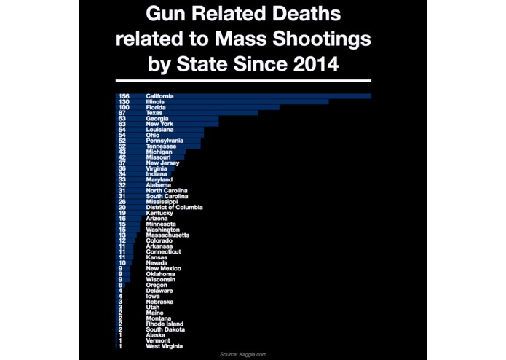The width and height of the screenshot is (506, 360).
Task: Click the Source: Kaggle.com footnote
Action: pos(244,354)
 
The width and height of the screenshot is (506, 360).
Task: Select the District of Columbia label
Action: pos(174,208)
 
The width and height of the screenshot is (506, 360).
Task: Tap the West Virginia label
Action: pos(163,346)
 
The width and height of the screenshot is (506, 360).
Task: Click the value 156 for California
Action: pos(123,96)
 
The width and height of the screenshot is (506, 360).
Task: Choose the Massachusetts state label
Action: pos(167,235)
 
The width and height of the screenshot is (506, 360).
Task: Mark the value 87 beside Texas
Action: pos(122,113)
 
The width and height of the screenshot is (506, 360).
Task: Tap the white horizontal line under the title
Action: pos(243,80)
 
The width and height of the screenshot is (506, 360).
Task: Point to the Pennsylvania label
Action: pos(164,141)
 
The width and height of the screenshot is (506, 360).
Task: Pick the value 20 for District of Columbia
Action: pos(122,208)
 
